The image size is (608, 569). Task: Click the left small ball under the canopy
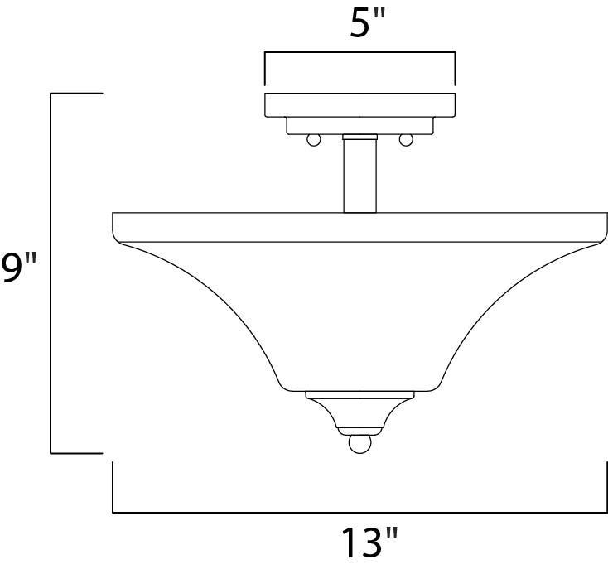[x=314, y=140]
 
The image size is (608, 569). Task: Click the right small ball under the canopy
[x=406, y=140]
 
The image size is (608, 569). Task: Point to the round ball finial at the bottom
[x=359, y=444]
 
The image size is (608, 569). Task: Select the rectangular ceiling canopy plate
[x=359, y=105]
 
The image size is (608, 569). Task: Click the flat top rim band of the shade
[x=359, y=227]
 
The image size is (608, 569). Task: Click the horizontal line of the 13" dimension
[x=359, y=512]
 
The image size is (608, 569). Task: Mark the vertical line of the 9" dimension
[x=51, y=273]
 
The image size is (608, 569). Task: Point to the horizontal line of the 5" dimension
[x=359, y=53]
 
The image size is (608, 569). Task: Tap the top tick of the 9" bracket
[x=76, y=94]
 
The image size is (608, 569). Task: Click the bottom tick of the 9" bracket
[x=76, y=453]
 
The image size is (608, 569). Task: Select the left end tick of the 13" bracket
[x=113, y=489]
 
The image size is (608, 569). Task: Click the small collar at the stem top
[x=359, y=137]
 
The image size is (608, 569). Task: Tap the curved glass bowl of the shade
[x=359, y=315]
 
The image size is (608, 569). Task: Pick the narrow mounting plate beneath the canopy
[x=359, y=125]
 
